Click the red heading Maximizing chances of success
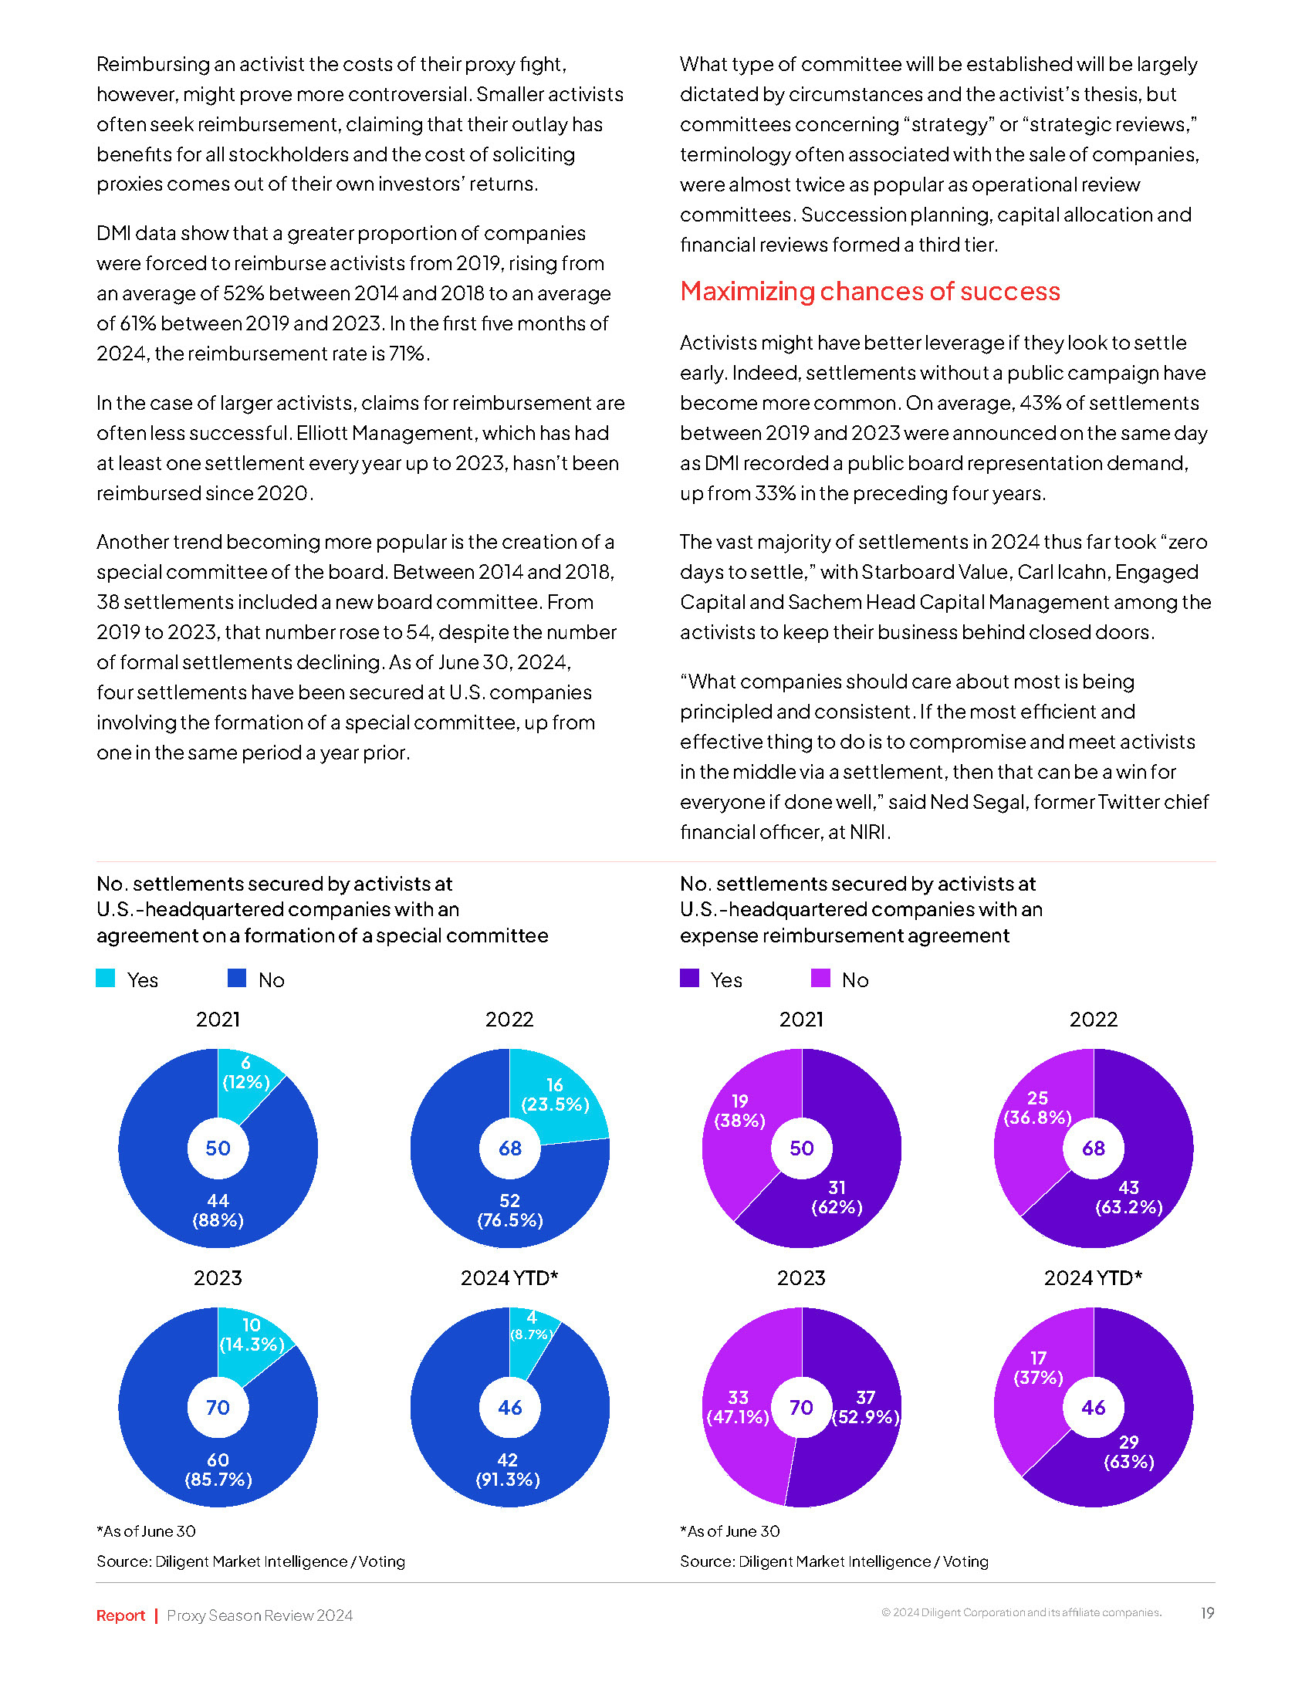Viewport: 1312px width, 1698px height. click(870, 292)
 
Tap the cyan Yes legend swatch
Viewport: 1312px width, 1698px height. click(106, 978)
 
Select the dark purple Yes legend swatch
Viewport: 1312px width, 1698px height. click(689, 978)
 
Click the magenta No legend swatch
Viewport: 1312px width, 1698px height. click(821, 978)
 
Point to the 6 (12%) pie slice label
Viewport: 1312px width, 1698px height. click(245, 1073)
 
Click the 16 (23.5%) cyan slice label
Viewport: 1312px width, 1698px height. click(555, 1094)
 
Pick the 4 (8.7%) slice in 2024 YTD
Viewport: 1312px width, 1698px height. click(532, 1326)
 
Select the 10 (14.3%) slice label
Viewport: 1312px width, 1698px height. click(252, 1335)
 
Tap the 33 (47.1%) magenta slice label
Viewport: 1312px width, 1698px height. click(738, 1407)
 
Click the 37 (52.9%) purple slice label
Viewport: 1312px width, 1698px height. click(866, 1407)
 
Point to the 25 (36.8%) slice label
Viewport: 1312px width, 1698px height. click(1037, 1108)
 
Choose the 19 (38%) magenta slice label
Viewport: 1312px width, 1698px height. click(740, 1111)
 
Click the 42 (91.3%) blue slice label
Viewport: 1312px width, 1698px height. click(508, 1470)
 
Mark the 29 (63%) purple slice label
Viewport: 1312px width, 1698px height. click(1128, 1452)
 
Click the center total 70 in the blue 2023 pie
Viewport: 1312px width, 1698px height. click(218, 1407)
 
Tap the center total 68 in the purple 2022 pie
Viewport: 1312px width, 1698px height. click(1094, 1148)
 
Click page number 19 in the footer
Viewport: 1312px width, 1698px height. click(1207, 1613)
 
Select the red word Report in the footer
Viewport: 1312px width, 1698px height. click(120, 1615)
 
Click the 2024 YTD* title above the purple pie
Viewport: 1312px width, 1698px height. click(1093, 1277)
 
